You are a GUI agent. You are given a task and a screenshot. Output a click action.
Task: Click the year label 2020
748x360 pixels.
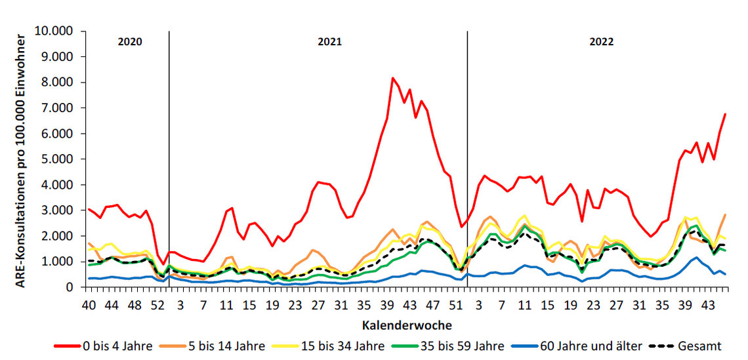tap(129, 42)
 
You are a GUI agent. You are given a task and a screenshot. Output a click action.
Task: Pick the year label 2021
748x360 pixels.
tap(329, 42)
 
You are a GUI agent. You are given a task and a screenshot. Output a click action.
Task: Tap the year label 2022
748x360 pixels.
tap(601, 42)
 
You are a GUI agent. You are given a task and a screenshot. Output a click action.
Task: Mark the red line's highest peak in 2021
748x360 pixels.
tap(392, 78)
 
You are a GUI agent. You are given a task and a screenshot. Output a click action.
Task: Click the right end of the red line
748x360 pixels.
tap(725, 114)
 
